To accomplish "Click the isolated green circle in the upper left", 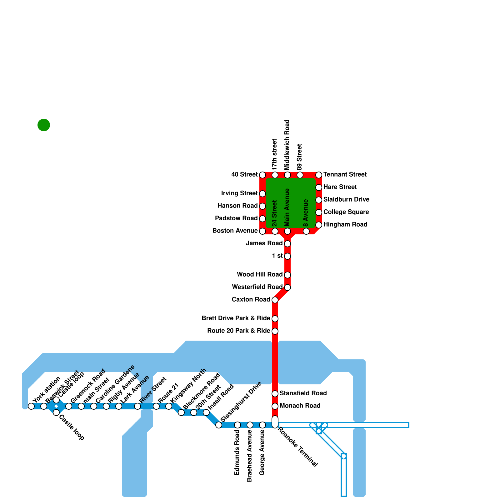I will (x=44, y=125).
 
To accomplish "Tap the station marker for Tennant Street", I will (x=319, y=175).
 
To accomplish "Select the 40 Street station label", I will (x=244, y=174).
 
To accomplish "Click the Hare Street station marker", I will (x=319, y=187).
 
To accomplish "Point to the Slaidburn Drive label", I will (x=346, y=199).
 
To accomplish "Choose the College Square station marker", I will (x=319, y=212).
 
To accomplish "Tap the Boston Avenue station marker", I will (x=262, y=231).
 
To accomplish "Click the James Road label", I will (x=264, y=243).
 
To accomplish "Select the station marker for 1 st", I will (x=287, y=256).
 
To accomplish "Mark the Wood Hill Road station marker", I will (x=287, y=275).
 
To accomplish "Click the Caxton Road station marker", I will (x=275, y=300).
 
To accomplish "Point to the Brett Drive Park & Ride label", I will (x=236, y=318).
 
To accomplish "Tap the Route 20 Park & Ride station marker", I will (x=275, y=331).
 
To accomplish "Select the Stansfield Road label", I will (x=303, y=393).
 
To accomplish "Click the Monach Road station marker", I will (x=275, y=406).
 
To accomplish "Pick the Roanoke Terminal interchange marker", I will (x=275, y=422).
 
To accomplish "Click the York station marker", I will (x=31, y=406).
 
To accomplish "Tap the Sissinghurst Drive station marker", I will (x=219, y=425).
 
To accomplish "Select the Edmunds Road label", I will (x=237, y=452).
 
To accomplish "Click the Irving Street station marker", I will (x=262, y=194).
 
